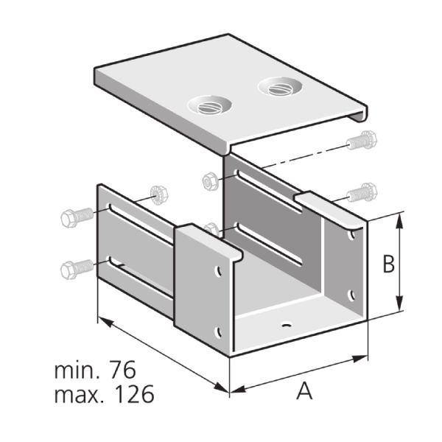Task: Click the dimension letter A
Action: coord(304,390)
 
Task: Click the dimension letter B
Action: coord(389,264)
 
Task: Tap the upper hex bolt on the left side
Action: coord(77,217)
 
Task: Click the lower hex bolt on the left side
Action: coord(77,269)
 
